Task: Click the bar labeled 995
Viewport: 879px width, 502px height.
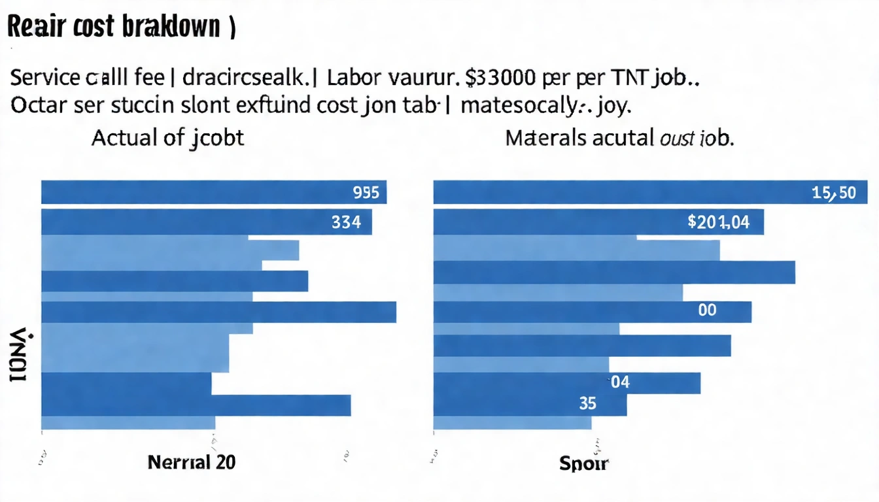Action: pos(214,192)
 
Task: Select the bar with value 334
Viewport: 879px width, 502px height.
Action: pos(207,222)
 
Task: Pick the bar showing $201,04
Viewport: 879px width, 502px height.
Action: pos(598,222)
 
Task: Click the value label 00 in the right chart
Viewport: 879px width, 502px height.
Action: pos(707,310)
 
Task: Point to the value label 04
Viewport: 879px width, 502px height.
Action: pos(620,382)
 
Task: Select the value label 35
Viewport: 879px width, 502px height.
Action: pos(588,404)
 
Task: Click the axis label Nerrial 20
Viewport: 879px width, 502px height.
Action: pos(192,462)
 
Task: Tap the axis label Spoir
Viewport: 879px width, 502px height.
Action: pos(584,464)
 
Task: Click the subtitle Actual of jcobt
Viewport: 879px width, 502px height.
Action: pos(167,138)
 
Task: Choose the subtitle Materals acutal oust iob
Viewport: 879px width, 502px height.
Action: pos(619,138)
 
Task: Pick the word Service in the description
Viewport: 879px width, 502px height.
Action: pos(45,79)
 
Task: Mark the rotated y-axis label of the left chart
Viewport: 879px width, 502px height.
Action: pos(18,356)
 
